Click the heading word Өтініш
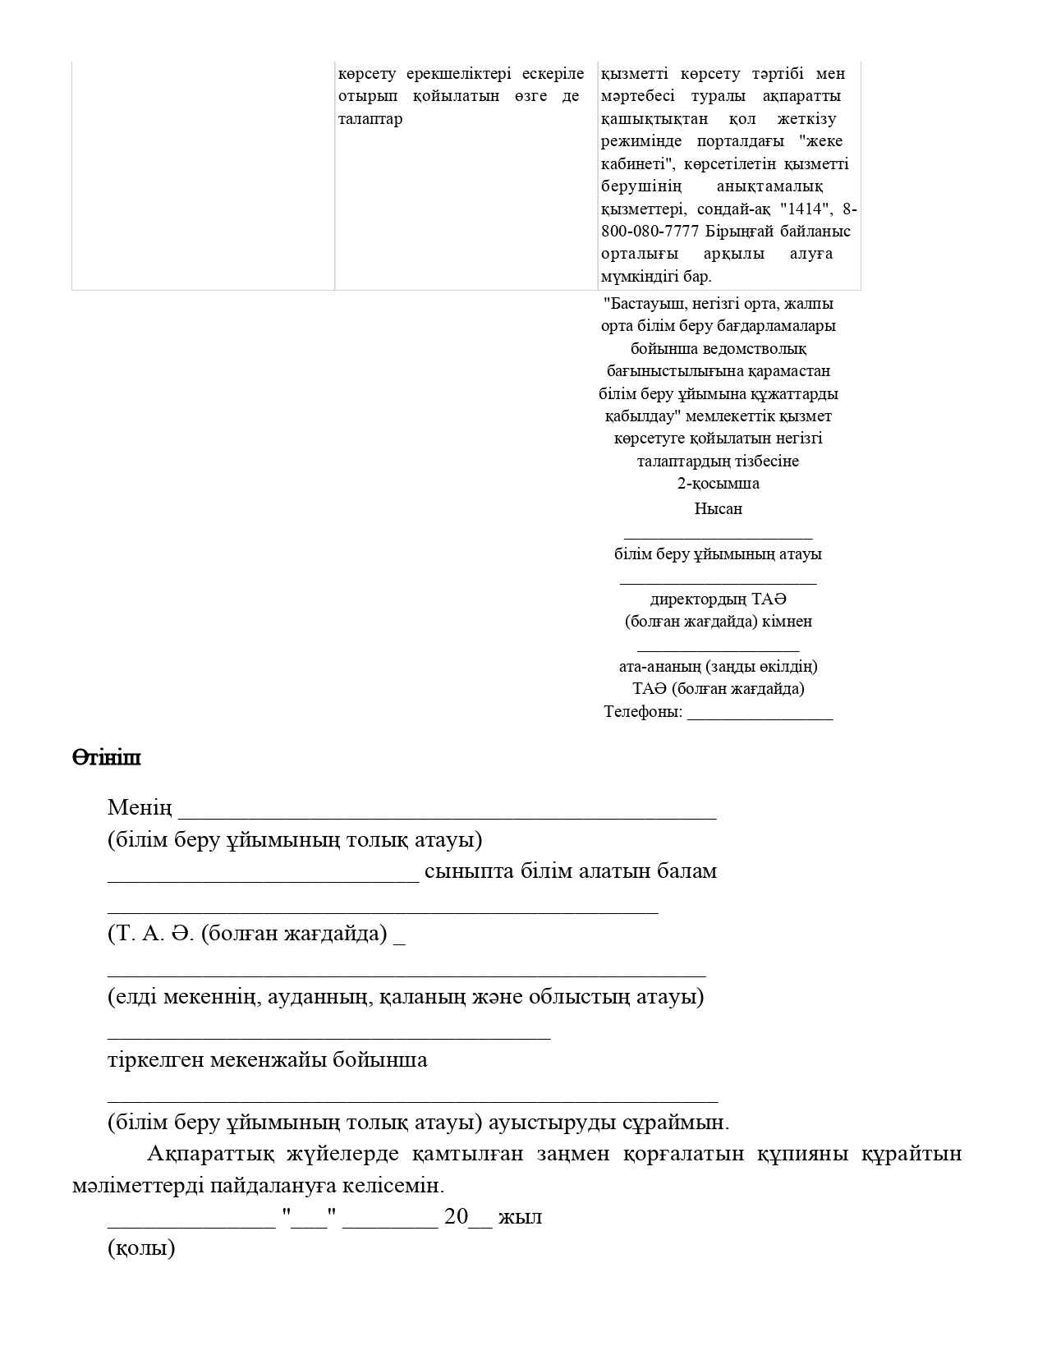point(106,757)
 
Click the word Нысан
point(718,508)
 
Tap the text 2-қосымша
point(718,483)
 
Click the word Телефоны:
point(643,712)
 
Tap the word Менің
point(140,808)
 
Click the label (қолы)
point(141,1249)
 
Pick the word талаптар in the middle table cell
point(370,119)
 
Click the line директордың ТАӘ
point(718,599)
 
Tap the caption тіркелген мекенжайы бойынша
point(267,1059)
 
